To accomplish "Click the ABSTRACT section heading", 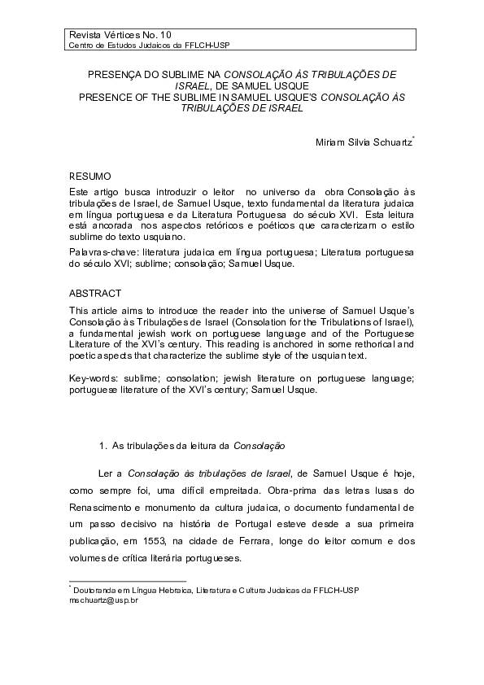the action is [x=95, y=293].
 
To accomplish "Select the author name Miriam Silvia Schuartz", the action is [x=364, y=143].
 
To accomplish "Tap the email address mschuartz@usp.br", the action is [x=104, y=599].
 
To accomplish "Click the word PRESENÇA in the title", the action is [x=115, y=74].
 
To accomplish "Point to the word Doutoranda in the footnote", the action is [x=97, y=589].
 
